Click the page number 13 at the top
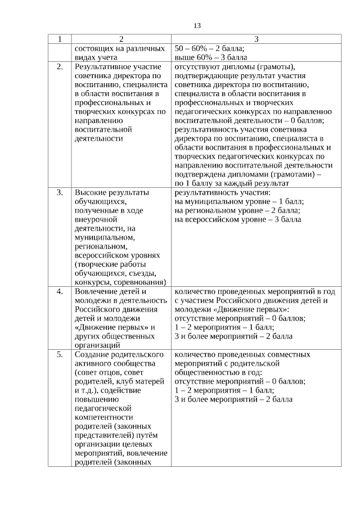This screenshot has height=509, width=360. [197, 26]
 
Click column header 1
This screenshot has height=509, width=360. [59, 39]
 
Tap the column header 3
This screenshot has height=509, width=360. [256, 39]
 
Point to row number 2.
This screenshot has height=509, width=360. [60, 67]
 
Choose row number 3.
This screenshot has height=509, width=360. [60, 193]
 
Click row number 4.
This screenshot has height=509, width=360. [60, 292]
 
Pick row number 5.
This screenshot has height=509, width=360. [60, 355]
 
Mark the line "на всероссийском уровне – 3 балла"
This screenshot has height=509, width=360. [238, 219]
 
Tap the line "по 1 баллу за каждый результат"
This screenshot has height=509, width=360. [232, 183]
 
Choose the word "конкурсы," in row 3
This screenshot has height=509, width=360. [92, 282]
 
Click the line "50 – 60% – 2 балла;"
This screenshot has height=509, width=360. [213, 48]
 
